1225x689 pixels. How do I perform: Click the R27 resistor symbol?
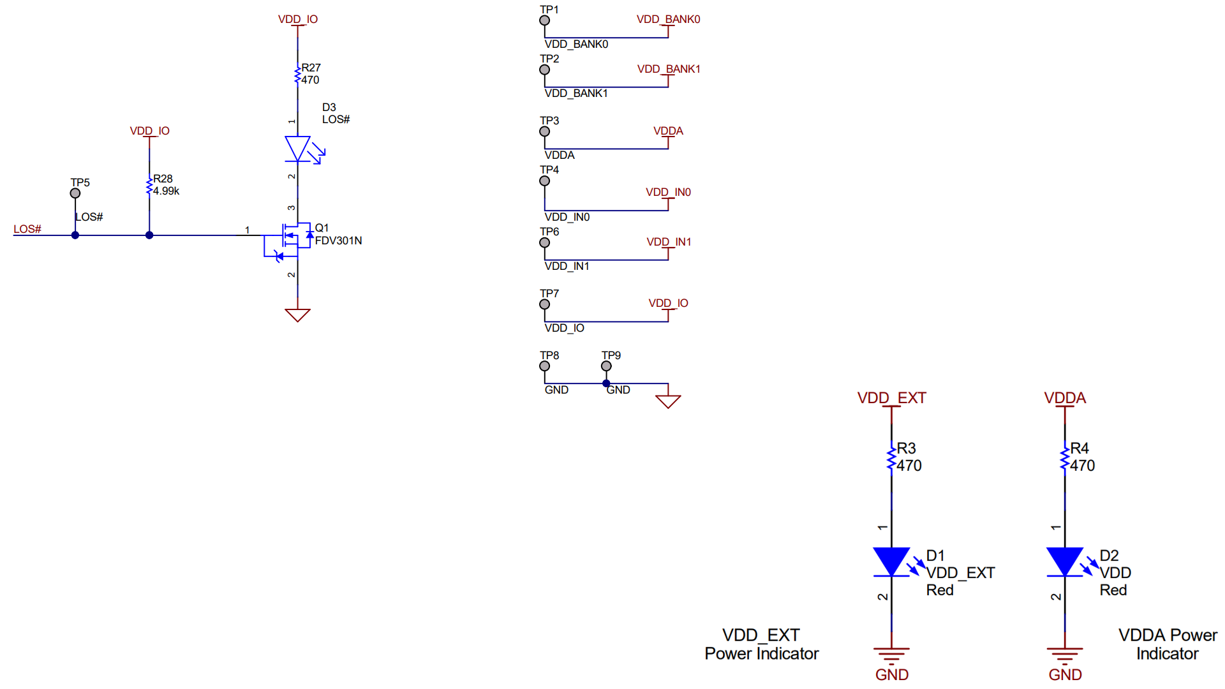(x=297, y=75)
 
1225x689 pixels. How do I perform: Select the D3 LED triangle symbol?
(x=297, y=149)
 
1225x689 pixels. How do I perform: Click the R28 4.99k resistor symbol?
(x=149, y=186)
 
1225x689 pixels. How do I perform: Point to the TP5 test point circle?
(x=75, y=193)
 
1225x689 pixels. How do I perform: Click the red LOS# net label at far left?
(x=27, y=229)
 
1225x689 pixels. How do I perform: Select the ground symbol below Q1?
(x=297, y=315)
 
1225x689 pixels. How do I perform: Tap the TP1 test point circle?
(x=544, y=20)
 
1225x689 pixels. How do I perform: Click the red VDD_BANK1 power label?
(x=668, y=69)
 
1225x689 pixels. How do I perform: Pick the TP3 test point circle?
(x=544, y=131)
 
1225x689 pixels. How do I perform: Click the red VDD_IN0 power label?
(x=668, y=192)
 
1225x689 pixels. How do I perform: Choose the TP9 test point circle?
(x=606, y=366)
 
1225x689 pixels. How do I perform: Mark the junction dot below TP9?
(x=606, y=383)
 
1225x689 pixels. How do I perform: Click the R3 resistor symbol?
(x=891, y=458)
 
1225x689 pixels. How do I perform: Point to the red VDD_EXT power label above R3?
(x=891, y=398)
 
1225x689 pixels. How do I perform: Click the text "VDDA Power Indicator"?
(x=1167, y=644)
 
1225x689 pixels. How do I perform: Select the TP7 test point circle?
(x=544, y=304)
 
